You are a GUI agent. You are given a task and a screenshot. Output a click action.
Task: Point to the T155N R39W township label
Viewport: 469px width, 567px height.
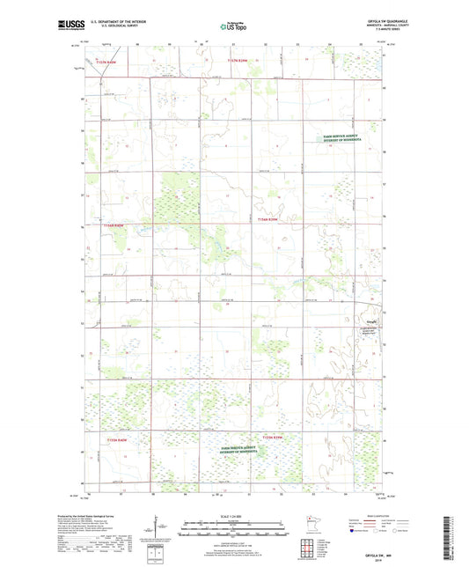[x=272, y=436]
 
